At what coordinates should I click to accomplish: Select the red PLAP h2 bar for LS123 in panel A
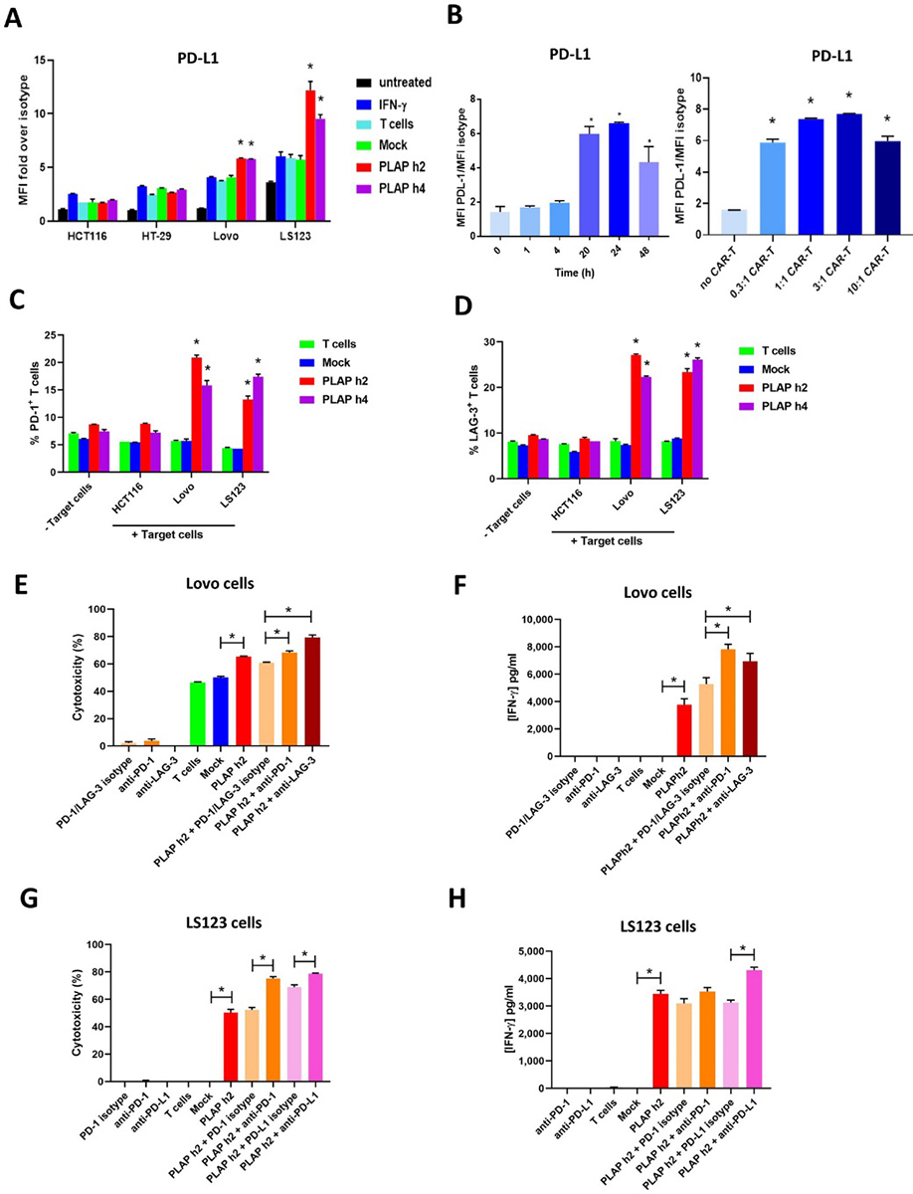310,154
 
